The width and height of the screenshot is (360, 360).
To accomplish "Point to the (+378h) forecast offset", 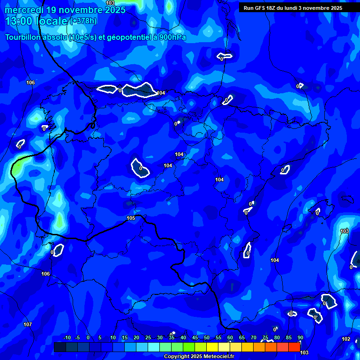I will pos(83,21).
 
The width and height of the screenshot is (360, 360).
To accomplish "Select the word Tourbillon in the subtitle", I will pos(22,37).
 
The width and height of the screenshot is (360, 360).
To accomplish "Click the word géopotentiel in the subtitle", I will pos(126,37).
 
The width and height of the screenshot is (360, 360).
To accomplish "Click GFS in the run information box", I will pos(260,8).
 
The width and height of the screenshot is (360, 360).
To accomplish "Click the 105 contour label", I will pos(131,218).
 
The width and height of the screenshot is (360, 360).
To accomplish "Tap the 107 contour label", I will pos(28,324).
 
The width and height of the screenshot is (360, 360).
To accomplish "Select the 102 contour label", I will pos(346,339).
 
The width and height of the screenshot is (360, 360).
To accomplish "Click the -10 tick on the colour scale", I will pos(67,337).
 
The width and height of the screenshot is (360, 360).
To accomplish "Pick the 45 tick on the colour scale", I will pos(195,337).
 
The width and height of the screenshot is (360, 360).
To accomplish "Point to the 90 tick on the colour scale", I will pos(300,337).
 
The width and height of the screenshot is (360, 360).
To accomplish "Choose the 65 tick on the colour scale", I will pos(242,337).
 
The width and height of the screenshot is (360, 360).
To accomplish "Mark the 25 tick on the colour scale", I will pos(148,337).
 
